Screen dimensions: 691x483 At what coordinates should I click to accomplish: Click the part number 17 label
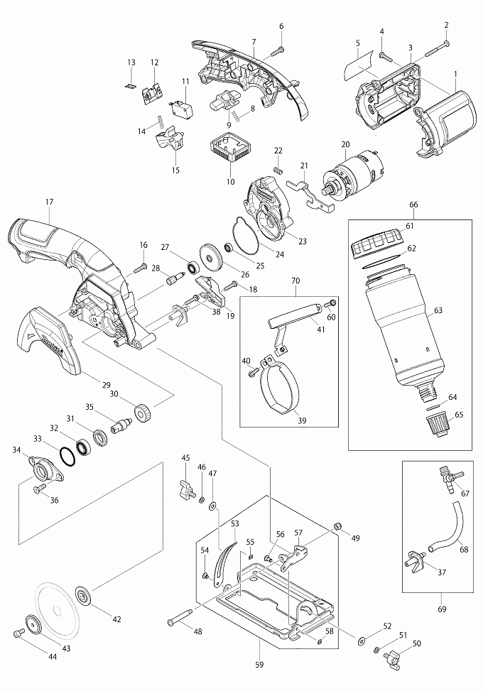click(x=49, y=202)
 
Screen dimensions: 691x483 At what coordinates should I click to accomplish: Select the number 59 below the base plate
click(x=260, y=665)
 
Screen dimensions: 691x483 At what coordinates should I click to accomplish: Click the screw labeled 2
click(x=438, y=48)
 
